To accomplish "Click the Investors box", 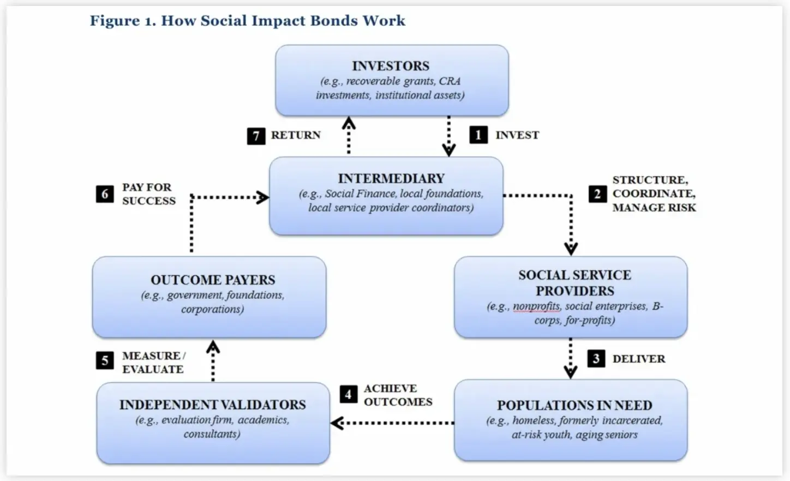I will (x=391, y=80).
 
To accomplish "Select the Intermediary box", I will (x=386, y=196).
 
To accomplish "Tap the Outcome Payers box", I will (x=209, y=297).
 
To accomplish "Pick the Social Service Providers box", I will (x=571, y=297).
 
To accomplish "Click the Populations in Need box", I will (x=571, y=420).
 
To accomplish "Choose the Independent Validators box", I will (x=213, y=423).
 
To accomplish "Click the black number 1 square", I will (x=478, y=135).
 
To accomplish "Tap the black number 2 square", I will (x=597, y=194).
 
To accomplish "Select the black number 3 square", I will (x=596, y=358).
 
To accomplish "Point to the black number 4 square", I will (x=348, y=394).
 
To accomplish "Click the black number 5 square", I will (x=105, y=360).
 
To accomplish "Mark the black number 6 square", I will (x=105, y=194).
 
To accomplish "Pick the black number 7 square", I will (x=256, y=136).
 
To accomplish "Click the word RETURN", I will (x=296, y=135).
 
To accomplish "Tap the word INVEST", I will (x=517, y=135).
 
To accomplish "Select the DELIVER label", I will (x=638, y=359).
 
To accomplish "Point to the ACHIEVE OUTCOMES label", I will (x=398, y=395).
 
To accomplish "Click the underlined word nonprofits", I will (x=536, y=306).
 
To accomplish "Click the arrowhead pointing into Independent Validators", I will (x=337, y=423).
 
